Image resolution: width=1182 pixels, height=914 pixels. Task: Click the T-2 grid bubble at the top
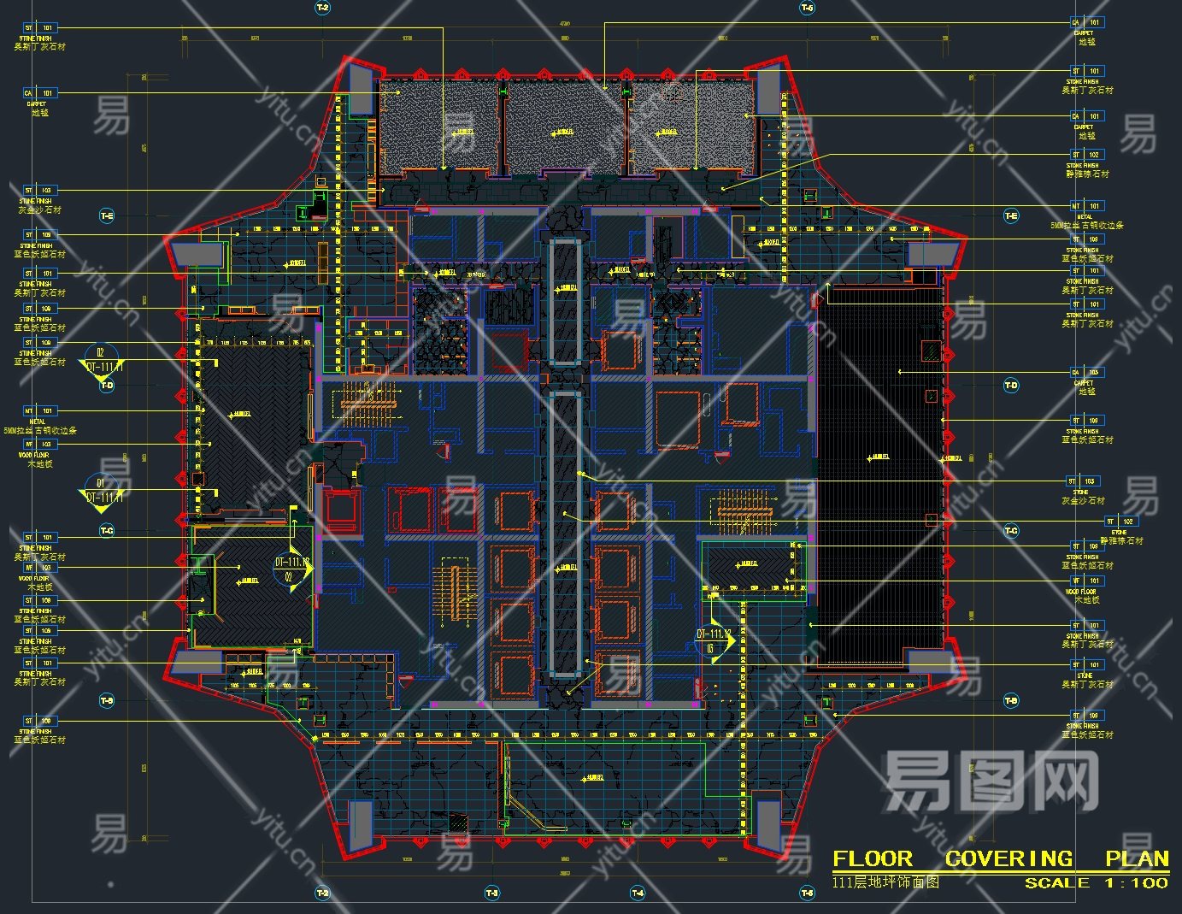coord(322,8)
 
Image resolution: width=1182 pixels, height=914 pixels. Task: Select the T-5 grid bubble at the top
coord(807,8)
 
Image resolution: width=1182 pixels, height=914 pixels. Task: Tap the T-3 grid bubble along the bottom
coord(491,893)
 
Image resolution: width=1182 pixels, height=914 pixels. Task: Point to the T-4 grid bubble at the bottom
coord(637,893)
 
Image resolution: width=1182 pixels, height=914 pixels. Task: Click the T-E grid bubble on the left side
coord(107,216)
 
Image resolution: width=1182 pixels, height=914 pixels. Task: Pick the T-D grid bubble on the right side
coord(1011,386)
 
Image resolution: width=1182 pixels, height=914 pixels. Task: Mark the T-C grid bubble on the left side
coord(107,531)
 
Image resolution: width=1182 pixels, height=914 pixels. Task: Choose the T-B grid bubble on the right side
coord(1011,700)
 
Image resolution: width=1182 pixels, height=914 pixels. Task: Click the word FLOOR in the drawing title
coord(873,858)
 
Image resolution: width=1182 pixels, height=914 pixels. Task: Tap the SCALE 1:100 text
coord(1097,883)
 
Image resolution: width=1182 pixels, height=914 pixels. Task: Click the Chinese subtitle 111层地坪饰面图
coord(885,882)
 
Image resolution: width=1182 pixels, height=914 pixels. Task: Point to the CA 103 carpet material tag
coord(1086,373)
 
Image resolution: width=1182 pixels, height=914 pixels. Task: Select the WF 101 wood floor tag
coord(1086,581)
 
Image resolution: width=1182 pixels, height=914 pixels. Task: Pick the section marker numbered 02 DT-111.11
coord(101,359)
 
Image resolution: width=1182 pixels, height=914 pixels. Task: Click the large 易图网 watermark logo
coord(991,780)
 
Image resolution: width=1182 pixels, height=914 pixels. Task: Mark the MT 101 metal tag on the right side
coord(1086,206)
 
